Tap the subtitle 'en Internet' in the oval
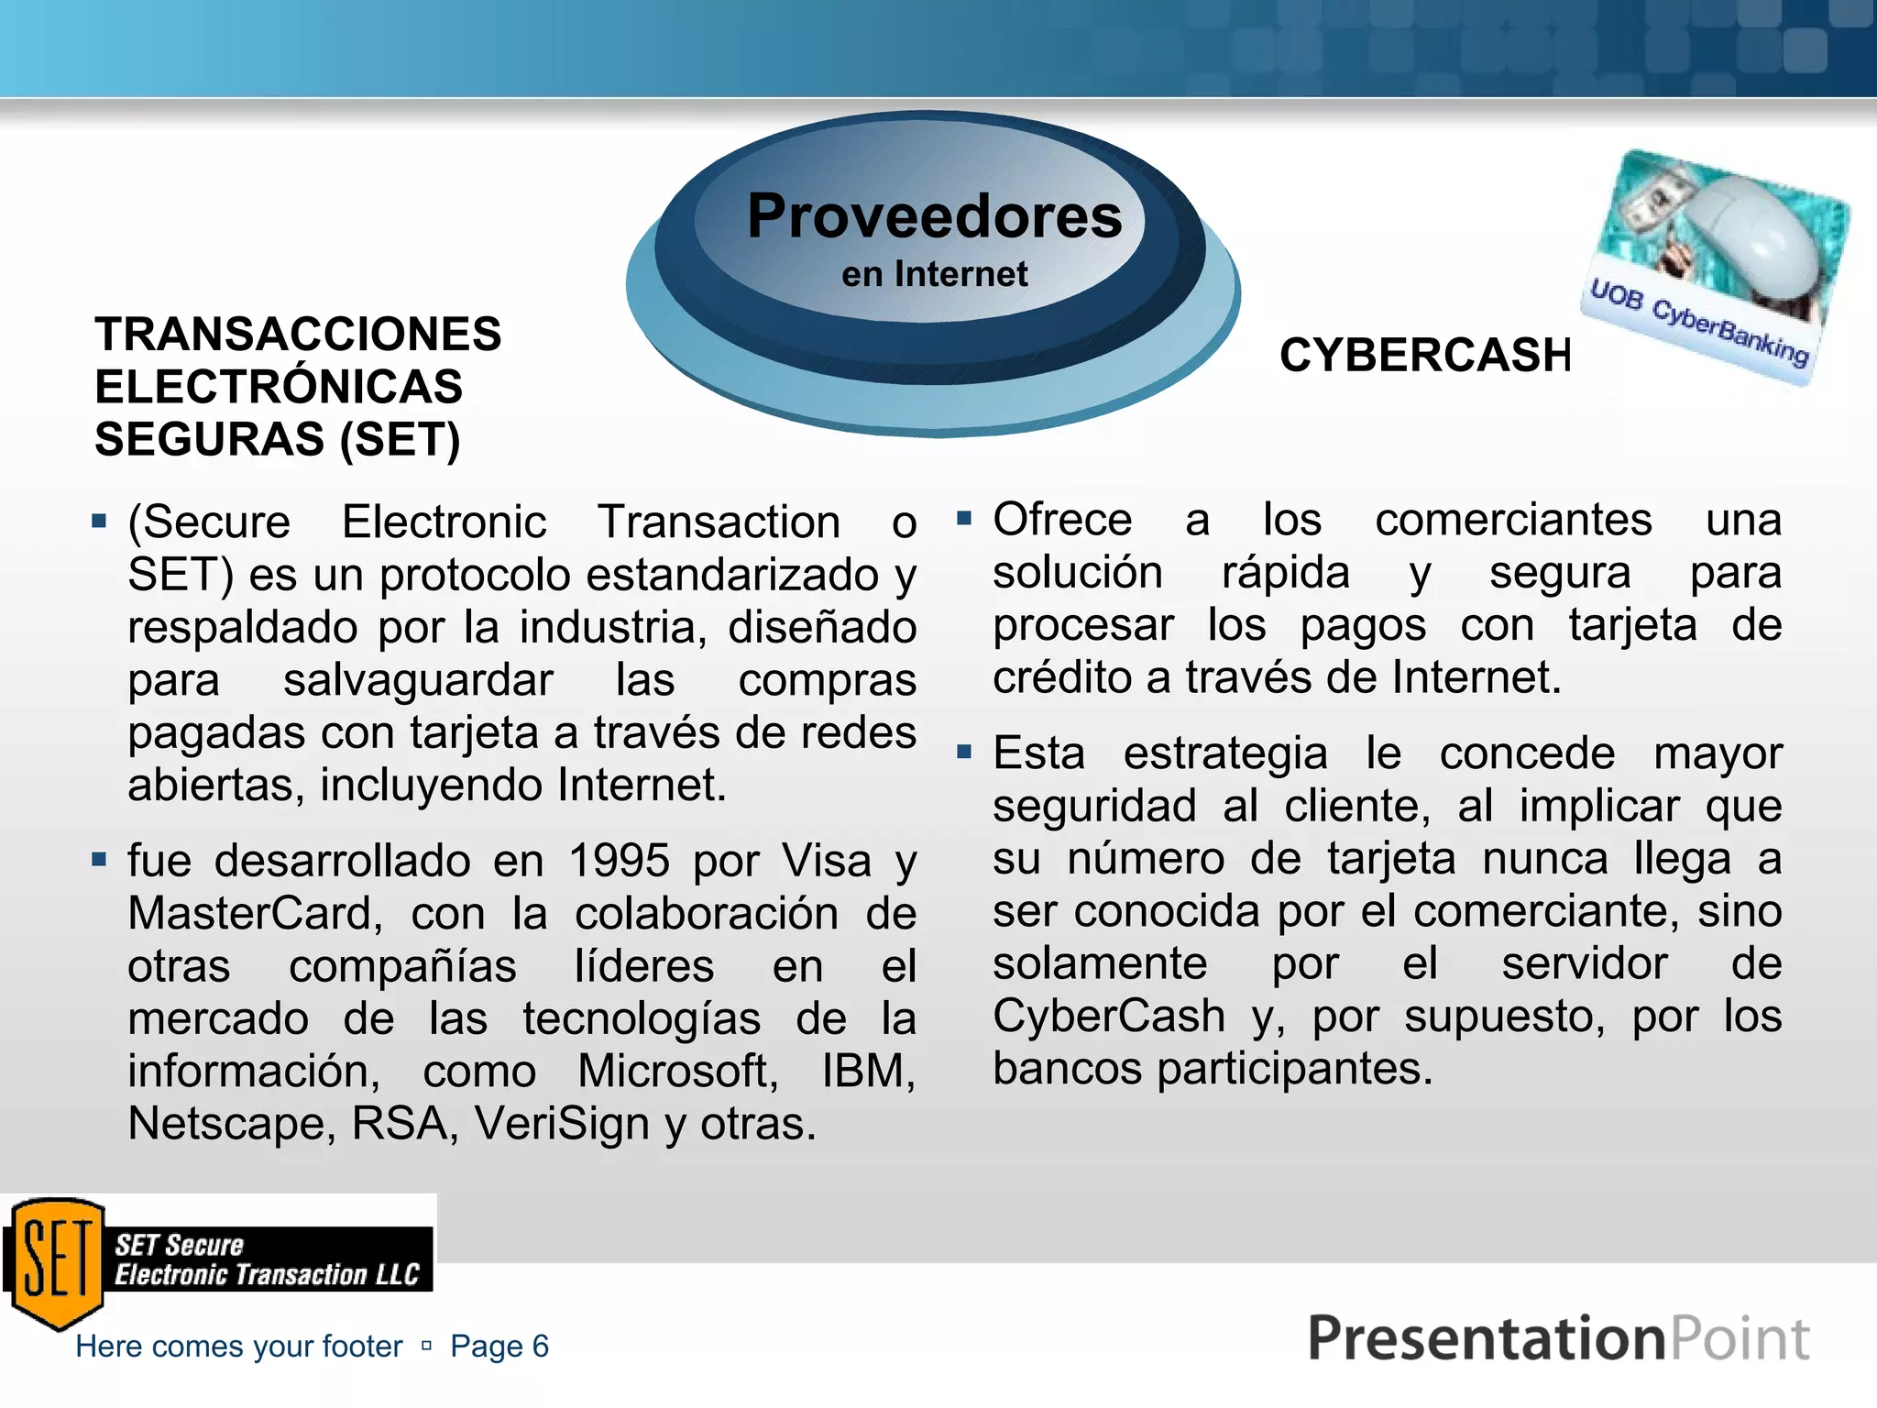click(934, 274)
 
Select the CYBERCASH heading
click(1425, 355)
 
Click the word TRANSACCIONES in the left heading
click(298, 334)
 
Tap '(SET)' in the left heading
click(400, 439)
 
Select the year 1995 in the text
click(620, 861)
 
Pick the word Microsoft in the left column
click(677, 1071)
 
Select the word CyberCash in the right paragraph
click(1109, 1016)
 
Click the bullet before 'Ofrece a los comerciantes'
click(963, 519)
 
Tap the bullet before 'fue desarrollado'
click(99, 860)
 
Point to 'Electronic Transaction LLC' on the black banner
click(266, 1275)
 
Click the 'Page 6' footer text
click(499, 1346)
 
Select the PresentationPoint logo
click(1557, 1338)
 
